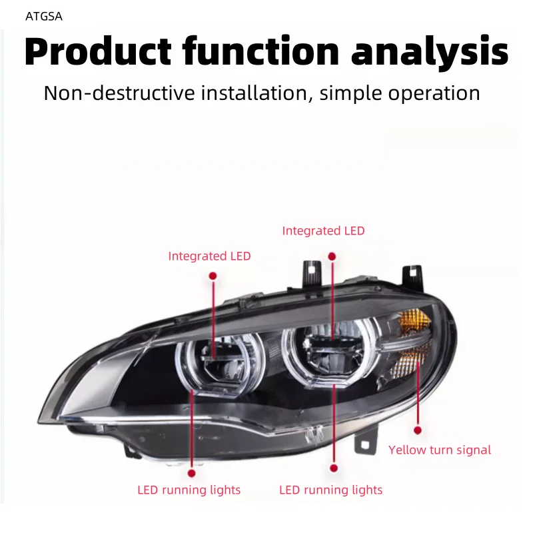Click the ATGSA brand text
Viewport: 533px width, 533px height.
click(x=44, y=17)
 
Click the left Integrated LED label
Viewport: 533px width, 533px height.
click(x=209, y=256)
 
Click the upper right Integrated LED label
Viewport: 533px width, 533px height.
click(x=323, y=231)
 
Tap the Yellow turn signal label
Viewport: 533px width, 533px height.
click(x=440, y=450)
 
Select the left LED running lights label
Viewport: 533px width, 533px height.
click(x=189, y=490)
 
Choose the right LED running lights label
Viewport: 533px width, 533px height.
click(x=330, y=490)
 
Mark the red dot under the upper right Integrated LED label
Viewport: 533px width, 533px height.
click(x=332, y=256)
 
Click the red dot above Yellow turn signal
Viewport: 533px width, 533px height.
click(x=418, y=430)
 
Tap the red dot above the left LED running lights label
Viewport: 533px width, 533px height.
click(x=192, y=472)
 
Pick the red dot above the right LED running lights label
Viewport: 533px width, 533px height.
click(x=333, y=469)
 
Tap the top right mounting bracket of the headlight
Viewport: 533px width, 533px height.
click(x=413, y=274)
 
